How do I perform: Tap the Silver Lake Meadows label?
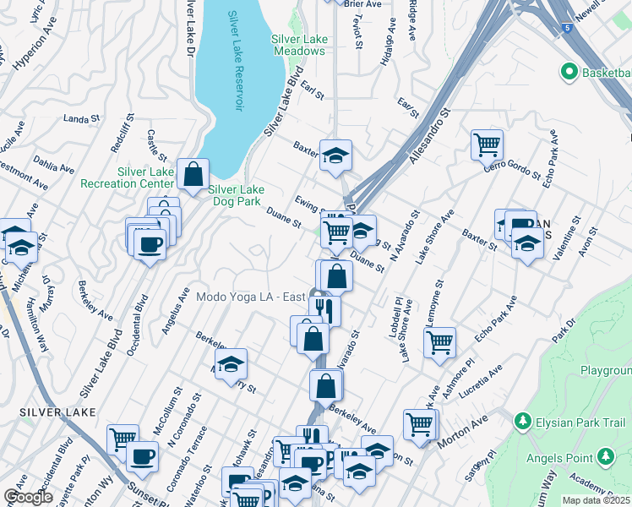298,45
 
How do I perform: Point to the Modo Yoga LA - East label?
249,297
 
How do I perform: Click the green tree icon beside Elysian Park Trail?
521,420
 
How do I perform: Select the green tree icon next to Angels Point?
606,457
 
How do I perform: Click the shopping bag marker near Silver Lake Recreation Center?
193,174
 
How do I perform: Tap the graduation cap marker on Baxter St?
335,155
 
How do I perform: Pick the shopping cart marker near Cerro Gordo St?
488,144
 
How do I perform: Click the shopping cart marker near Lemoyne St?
439,342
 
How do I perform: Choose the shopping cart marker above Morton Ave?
419,424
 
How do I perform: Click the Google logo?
28,497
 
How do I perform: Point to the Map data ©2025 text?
597,500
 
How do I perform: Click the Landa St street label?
82,119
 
